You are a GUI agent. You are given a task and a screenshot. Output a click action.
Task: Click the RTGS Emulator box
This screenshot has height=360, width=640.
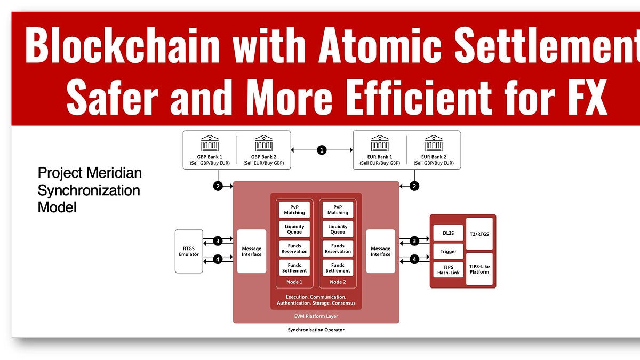[189, 251]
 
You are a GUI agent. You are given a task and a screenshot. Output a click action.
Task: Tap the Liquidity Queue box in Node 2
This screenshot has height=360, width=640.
[338, 229]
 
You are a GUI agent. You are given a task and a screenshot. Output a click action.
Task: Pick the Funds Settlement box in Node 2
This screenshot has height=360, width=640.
[338, 267]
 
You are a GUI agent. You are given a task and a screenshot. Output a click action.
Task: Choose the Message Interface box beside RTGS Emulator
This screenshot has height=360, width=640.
[251, 251]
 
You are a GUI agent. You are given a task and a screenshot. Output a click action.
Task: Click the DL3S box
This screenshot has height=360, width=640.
[447, 233]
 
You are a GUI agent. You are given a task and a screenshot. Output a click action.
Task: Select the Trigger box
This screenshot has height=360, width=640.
[447, 251]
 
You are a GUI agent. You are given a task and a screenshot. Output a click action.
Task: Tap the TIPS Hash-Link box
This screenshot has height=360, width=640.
[447, 270]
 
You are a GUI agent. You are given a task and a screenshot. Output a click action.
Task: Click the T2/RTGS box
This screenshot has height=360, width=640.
[479, 233]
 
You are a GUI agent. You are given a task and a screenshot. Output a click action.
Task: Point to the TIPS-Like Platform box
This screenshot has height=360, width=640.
[479, 268]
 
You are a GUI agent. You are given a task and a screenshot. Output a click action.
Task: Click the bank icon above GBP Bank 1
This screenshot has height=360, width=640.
[210, 143]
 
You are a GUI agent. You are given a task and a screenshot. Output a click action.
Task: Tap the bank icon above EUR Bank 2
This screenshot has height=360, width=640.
[433, 143]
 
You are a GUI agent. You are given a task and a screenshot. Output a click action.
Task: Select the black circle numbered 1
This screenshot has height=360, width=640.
[322, 150]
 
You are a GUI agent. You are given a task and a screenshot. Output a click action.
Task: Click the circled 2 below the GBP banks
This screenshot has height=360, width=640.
[218, 186]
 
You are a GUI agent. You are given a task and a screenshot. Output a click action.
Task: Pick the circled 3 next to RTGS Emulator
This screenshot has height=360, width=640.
[218, 241]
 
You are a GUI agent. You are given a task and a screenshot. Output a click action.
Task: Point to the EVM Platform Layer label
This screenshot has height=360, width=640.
[316, 316]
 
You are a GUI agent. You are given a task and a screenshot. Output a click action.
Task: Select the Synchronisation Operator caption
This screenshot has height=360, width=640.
[316, 330]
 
